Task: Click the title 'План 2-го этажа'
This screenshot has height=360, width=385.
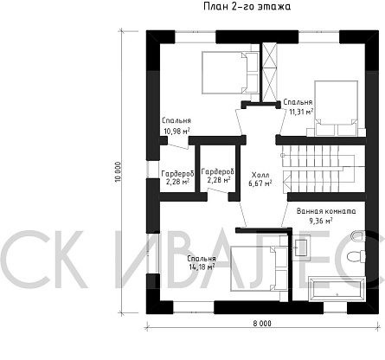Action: point(247,6)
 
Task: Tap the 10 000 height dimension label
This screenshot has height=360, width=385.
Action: point(117,171)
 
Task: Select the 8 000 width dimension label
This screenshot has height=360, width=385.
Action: point(262,324)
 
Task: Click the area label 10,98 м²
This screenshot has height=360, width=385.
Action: point(176,132)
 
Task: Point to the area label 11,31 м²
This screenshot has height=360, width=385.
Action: point(301,112)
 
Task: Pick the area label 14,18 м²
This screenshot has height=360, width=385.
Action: point(202,267)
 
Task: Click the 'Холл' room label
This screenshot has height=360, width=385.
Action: point(260,175)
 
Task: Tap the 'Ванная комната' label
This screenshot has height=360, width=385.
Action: point(326,211)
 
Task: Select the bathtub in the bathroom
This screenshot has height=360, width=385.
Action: point(337,289)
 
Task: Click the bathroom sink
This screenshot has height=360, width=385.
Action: point(301,247)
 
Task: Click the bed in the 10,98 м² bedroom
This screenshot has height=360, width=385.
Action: point(230,73)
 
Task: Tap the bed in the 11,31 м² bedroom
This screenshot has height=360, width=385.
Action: point(337,108)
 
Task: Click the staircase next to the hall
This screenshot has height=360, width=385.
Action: point(323,168)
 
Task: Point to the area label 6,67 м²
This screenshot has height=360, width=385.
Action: point(260,183)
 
